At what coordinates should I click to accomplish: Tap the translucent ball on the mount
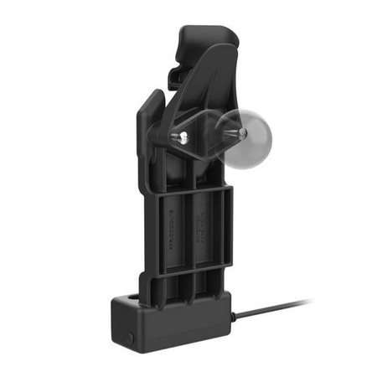tap(248, 139)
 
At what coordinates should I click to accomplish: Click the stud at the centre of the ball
tap(240, 132)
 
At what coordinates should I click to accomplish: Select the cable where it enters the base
tap(234, 316)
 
